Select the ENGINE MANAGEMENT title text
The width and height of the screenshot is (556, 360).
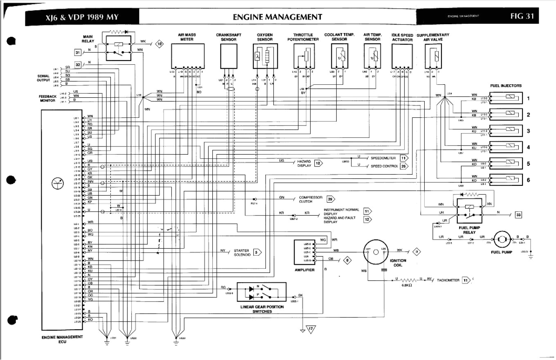pos(277,17)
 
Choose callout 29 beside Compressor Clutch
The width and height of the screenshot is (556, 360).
pos(330,199)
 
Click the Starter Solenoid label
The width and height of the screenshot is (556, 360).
pos(241,252)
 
